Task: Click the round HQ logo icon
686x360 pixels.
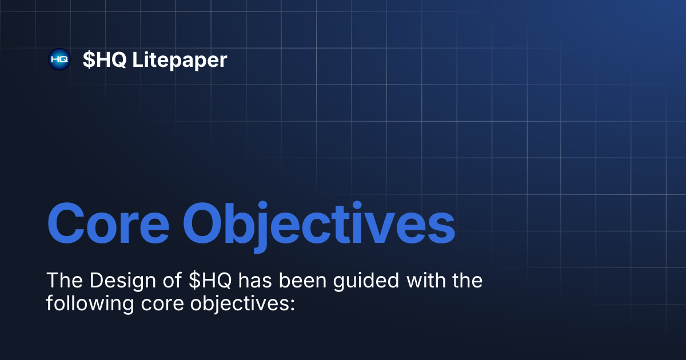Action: tap(59, 59)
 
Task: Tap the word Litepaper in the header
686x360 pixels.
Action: tap(180, 59)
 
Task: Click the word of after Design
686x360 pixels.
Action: tap(169, 281)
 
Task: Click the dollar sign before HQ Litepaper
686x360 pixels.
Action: tap(89, 59)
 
